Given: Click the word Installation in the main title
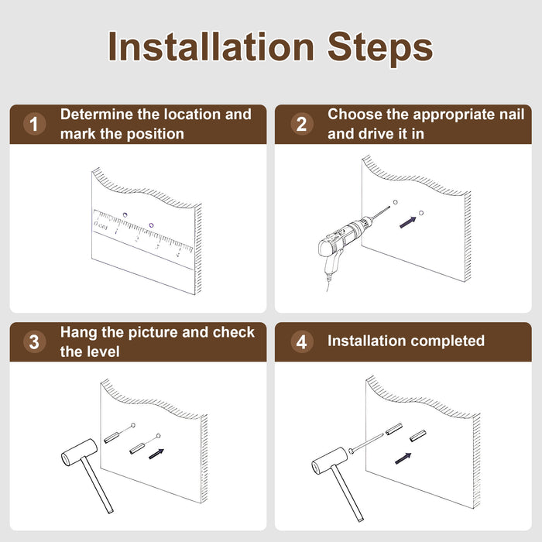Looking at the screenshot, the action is [x=211, y=46].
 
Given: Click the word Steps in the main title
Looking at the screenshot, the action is [x=380, y=48].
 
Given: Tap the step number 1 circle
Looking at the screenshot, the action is [x=34, y=124].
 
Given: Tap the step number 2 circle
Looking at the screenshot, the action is [x=302, y=124].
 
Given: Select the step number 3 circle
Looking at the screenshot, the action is [x=34, y=342].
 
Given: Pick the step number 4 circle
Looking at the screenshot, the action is [x=302, y=342].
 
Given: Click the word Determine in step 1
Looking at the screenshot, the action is [x=97, y=115].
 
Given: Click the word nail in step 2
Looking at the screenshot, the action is [x=512, y=115].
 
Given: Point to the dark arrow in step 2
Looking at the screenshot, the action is [x=408, y=222].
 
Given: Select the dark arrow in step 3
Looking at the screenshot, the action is [x=156, y=454].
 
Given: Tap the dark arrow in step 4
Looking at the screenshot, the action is [x=403, y=458].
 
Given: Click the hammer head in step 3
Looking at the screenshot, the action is [x=79, y=452].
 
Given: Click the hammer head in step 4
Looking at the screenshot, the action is [x=329, y=461].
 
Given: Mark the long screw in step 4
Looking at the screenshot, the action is [x=366, y=444].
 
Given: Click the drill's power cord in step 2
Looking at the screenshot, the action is [x=328, y=282].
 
